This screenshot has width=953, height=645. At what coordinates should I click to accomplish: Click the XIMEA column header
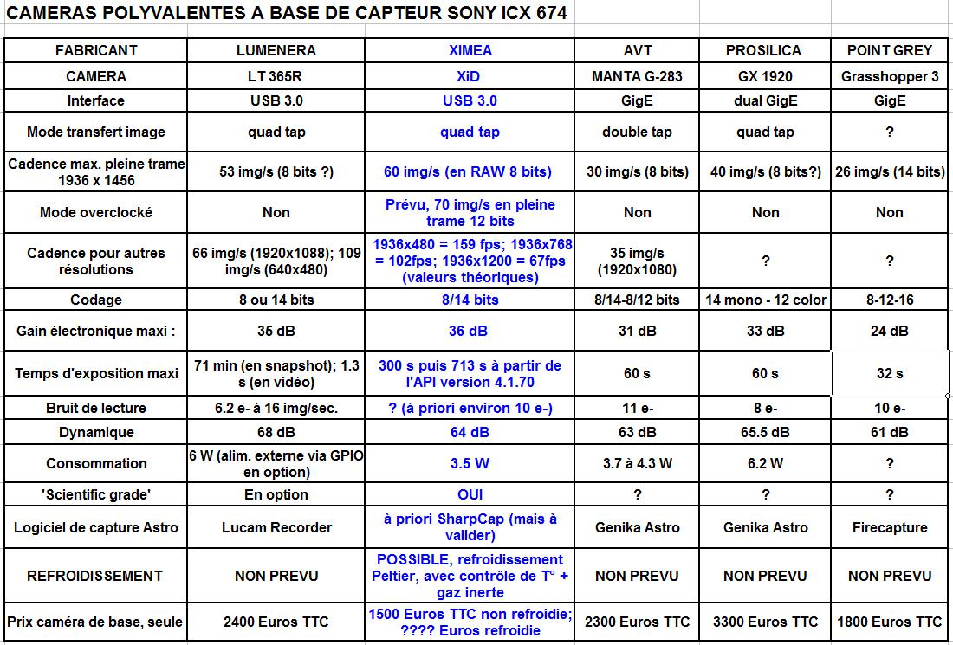click(469, 51)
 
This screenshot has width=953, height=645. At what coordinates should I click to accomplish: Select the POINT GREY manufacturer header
click(889, 51)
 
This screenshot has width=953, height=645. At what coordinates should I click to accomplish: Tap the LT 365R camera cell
click(276, 76)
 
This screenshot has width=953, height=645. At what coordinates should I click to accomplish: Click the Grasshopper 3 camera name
click(889, 76)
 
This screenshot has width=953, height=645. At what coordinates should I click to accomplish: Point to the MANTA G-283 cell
click(637, 76)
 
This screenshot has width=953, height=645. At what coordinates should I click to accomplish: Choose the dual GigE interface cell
click(765, 100)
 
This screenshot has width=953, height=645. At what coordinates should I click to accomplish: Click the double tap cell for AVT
click(637, 132)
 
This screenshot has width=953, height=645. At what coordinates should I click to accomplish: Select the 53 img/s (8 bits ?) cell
click(276, 171)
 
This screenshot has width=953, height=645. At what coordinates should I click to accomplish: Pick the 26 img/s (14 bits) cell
click(889, 171)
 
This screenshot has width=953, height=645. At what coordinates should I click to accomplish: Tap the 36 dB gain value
click(469, 331)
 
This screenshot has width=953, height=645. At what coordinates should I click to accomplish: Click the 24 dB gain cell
click(889, 331)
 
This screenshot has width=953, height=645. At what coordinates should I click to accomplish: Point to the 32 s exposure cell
click(889, 373)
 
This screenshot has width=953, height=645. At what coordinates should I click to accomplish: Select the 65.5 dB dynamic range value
click(765, 432)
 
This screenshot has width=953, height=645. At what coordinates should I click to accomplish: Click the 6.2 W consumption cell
click(765, 463)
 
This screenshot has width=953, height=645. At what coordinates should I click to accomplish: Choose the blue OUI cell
click(469, 494)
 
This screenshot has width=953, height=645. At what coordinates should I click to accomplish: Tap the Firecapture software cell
click(889, 527)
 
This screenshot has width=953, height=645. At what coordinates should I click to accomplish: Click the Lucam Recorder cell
click(276, 527)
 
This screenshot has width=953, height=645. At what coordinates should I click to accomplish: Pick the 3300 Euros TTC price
click(765, 622)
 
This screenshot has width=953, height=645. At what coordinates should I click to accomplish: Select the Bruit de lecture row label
click(96, 408)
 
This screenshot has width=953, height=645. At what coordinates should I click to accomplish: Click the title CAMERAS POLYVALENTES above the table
click(286, 15)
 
